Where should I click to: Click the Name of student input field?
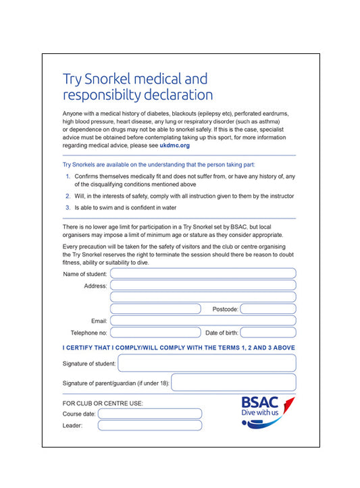point(203,273)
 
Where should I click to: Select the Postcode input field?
point(267,309)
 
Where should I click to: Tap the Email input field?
point(203,321)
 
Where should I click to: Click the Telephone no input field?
point(155,333)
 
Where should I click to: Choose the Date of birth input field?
point(267,333)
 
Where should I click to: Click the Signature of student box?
point(207,363)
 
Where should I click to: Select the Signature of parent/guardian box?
point(233,383)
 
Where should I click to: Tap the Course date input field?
point(150,413)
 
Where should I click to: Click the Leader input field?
point(150,425)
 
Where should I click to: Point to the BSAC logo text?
point(260,402)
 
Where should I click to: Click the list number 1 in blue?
point(68,176)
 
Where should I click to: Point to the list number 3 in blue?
point(68,208)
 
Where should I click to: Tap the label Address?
point(95,286)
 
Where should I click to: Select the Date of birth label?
point(221,333)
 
